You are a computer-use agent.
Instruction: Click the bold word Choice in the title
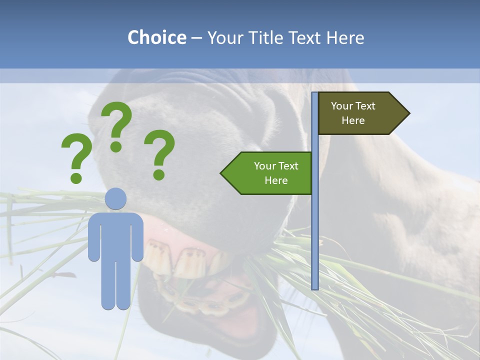156,37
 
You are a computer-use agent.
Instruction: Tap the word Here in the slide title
345,37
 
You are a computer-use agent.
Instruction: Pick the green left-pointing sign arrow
267,173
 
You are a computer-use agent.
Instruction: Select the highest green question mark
117,125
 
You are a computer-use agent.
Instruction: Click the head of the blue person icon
116,198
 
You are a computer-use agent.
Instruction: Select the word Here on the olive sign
353,120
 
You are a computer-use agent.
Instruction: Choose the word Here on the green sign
276,180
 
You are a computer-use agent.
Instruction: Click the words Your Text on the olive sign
353,106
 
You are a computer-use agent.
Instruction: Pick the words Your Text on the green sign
276,166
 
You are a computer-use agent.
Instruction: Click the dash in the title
196,38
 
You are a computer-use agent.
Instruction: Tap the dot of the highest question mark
116,146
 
